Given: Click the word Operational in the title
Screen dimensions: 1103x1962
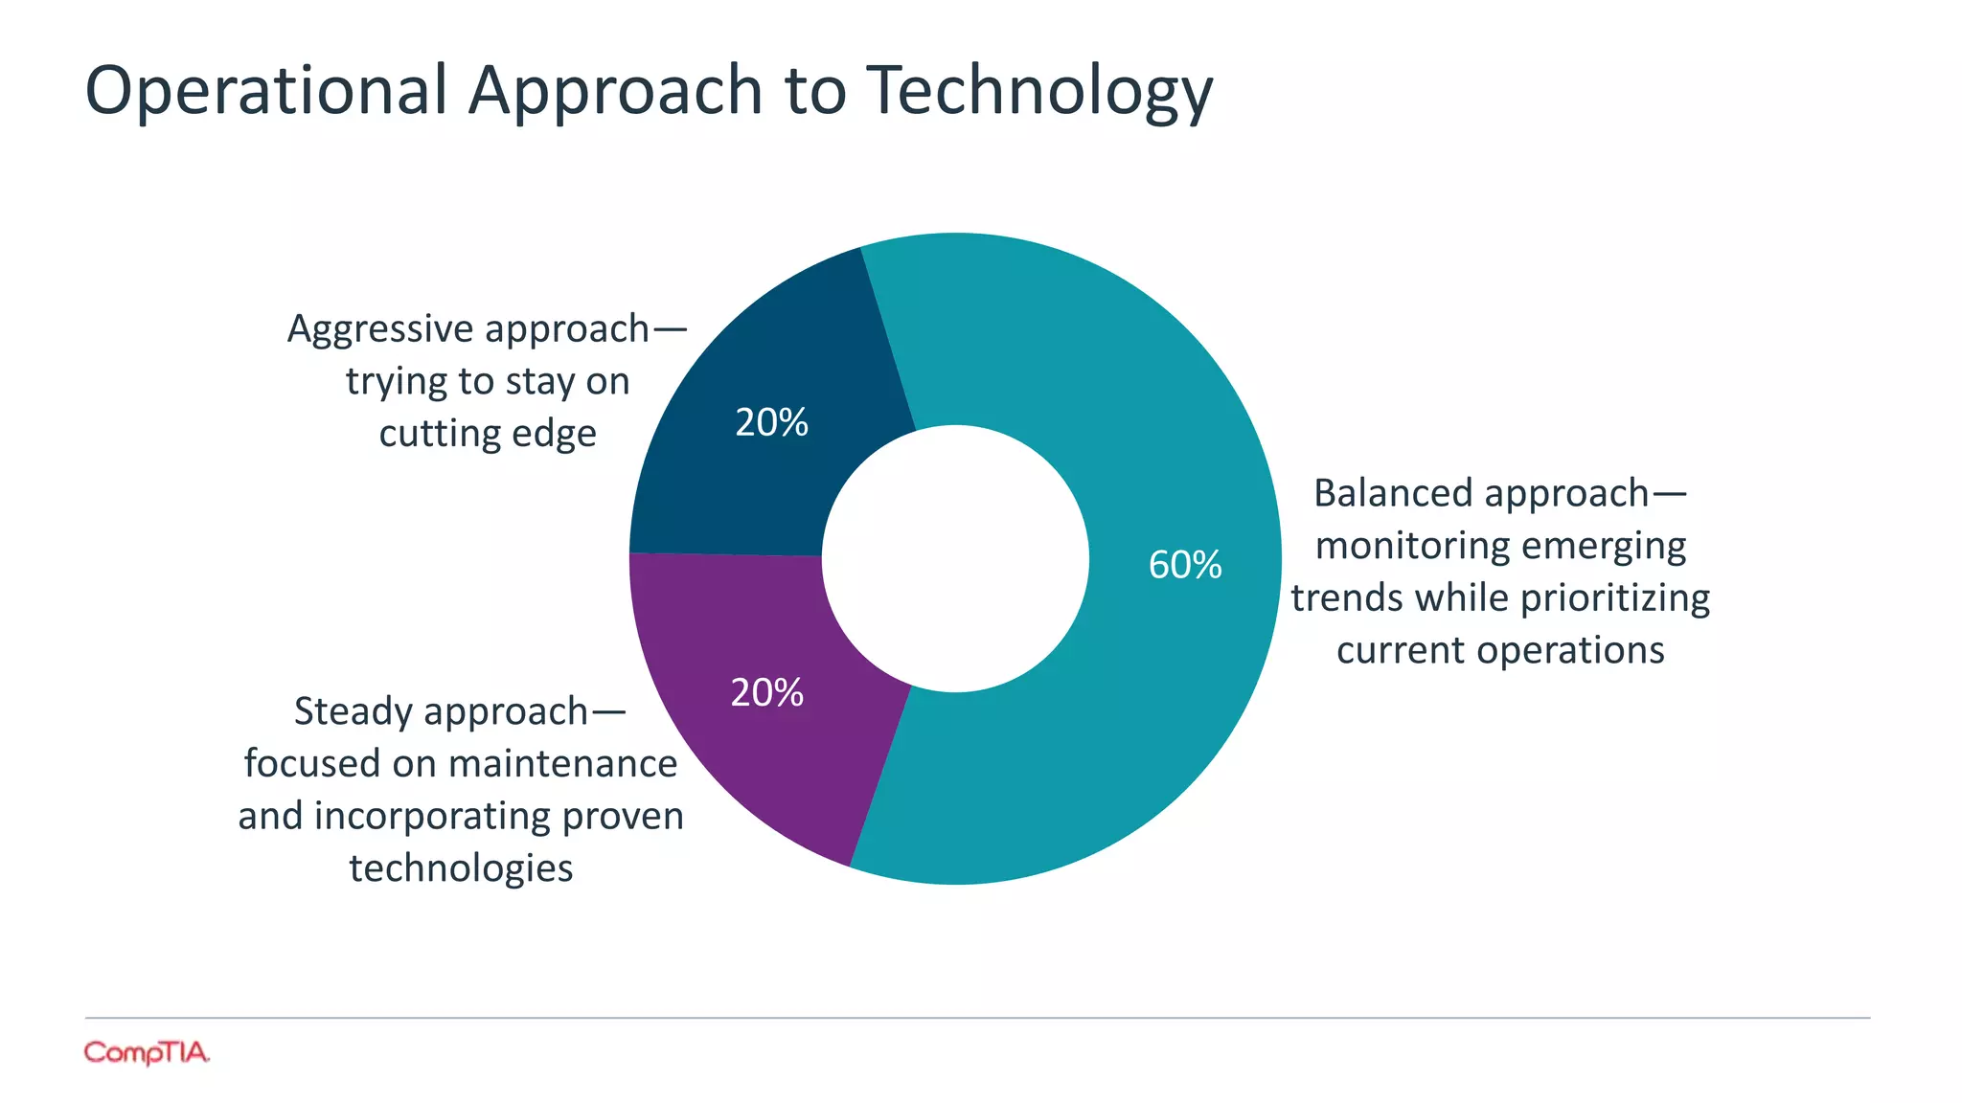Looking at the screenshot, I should [x=266, y=91].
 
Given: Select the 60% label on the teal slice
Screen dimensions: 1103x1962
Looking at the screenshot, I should [x=1185, y=565].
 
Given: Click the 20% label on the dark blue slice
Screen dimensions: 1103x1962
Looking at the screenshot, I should [x=771, y=422].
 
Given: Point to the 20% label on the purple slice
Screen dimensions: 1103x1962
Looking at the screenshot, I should [x=766, y=692].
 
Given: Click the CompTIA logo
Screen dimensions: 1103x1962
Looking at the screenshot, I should [x=147, y=1052].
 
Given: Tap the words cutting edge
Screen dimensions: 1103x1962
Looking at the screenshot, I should [x=488, y=435].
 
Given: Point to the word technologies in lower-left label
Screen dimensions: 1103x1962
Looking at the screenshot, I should [x=461, y=868].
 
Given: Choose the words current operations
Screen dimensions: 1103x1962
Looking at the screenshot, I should [x=1500, y=651].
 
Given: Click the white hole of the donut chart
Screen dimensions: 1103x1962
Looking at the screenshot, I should [x=955, y=558].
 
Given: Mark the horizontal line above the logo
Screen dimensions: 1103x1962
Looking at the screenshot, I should [x=977, y=1018].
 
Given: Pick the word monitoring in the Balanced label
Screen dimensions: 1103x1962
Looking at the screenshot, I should [x=1412, y=547].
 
